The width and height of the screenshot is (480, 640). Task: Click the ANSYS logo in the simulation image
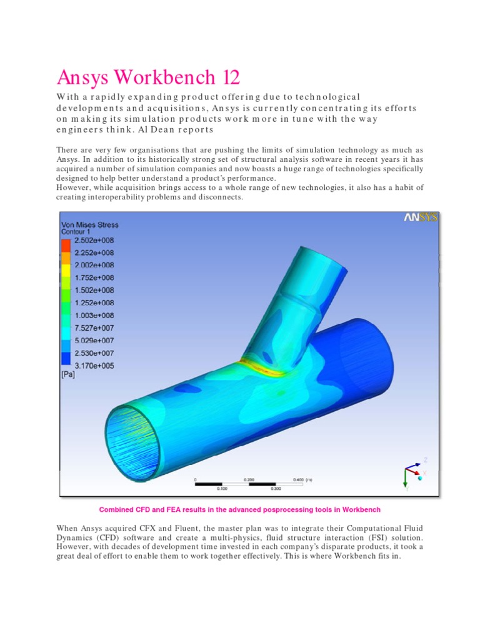click(x=420, y=217)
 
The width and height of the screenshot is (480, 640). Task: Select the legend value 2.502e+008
click(x=94, y=239)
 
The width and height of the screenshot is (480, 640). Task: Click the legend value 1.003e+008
click(x=94, y=315)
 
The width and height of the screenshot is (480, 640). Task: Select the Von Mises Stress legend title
click(x=89, y=224)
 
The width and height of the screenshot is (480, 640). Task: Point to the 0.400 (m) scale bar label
click(x=302, y=479)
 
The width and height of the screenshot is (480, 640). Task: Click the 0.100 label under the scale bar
click(x=222, y=488)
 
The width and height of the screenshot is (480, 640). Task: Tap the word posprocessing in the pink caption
click(x=266, y=509)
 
